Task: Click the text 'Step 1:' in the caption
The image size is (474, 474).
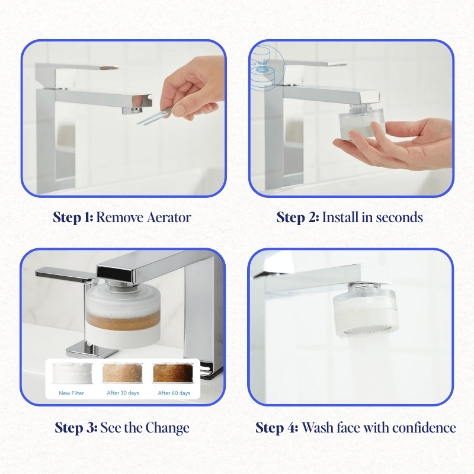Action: tap(73, 217)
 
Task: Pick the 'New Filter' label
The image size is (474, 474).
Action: tap(72, 393)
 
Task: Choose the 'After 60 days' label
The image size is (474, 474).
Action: tap(174, 393)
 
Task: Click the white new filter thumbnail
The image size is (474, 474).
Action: tap(71, 374)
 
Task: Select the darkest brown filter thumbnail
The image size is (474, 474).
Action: tap(173, 373)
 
